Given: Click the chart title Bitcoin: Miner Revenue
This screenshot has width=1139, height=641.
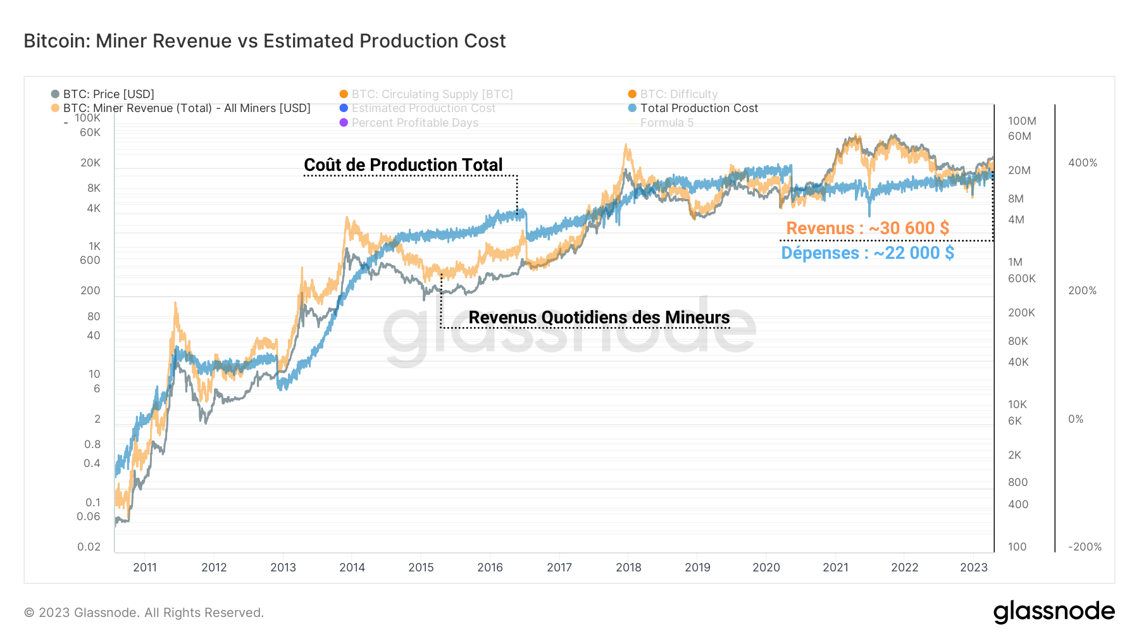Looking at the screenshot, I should coord(265,41).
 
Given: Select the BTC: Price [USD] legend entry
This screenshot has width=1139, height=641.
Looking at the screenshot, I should coord(108,94).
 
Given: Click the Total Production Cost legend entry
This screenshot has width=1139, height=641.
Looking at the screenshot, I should coord(699,108).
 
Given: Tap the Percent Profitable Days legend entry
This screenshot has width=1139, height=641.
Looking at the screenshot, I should coord(414,123).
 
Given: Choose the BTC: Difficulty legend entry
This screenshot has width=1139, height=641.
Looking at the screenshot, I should coord(678,94).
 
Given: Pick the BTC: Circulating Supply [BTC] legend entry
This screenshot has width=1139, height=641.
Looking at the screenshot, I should coord(432,94).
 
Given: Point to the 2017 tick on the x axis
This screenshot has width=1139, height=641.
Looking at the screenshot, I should coord(559,567).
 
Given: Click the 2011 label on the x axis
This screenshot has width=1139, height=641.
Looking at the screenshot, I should coord(145,567).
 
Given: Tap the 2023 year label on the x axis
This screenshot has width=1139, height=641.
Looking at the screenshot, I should coord(973,567).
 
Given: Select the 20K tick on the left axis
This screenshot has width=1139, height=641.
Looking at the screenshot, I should coord(90,163).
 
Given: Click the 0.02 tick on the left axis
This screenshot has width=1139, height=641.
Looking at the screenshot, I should coord(89,547).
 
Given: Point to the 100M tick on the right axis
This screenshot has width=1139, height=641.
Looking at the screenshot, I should coord(1021,121).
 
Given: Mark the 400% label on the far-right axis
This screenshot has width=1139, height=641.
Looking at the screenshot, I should coord(1082,163).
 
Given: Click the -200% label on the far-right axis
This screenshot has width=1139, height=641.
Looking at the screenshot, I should coord(1085,547).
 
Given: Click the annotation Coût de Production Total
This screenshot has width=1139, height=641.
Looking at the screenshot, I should coord(403,165).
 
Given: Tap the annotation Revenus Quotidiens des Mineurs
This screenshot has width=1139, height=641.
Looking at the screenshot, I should coord(599,317).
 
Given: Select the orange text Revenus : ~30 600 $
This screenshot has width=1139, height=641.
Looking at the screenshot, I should coord(867,228).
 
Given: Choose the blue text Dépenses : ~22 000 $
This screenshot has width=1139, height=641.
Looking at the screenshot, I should coord(867,253).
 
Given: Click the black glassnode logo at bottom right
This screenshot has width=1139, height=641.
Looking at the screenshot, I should coord(1054,612).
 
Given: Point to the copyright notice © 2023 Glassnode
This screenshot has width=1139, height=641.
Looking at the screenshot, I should coord(144,613).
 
